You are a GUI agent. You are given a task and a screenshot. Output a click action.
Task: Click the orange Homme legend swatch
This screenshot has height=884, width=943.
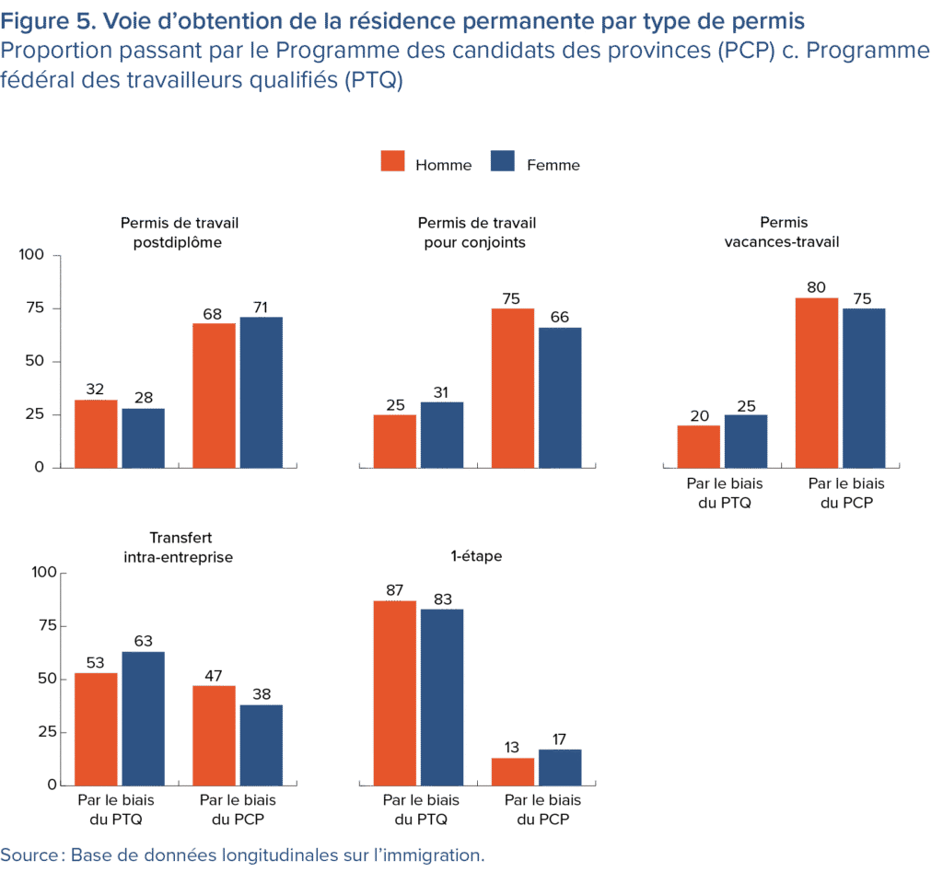tap(393, 162)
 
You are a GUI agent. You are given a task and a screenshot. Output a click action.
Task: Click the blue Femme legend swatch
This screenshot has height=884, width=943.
tap(502, 162)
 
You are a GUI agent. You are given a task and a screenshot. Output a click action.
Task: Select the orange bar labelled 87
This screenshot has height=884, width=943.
tap(394, 692)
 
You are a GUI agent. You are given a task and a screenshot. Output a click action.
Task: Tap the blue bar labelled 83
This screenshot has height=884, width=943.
tap(441, 697)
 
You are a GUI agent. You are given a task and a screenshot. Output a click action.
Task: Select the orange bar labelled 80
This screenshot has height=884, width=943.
tap(816, 382)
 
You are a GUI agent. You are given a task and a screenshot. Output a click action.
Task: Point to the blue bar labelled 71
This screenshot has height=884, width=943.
tap(261, 392)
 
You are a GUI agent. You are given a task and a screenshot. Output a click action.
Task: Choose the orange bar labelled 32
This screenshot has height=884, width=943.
tap(96, 434)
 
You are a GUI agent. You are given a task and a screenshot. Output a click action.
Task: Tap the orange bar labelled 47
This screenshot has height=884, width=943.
tap(213, 735)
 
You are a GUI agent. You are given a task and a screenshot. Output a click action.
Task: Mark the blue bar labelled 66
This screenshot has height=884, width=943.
tap(559, 398)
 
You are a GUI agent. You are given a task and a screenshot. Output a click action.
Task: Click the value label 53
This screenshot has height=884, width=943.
tap(96, 664)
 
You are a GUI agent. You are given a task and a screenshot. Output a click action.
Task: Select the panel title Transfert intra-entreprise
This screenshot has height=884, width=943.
tap(178, 547)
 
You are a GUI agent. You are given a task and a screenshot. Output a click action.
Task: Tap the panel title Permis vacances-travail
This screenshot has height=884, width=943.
tap(783, 232)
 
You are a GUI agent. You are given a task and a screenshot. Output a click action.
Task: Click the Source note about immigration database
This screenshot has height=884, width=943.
tap(242, 855)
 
